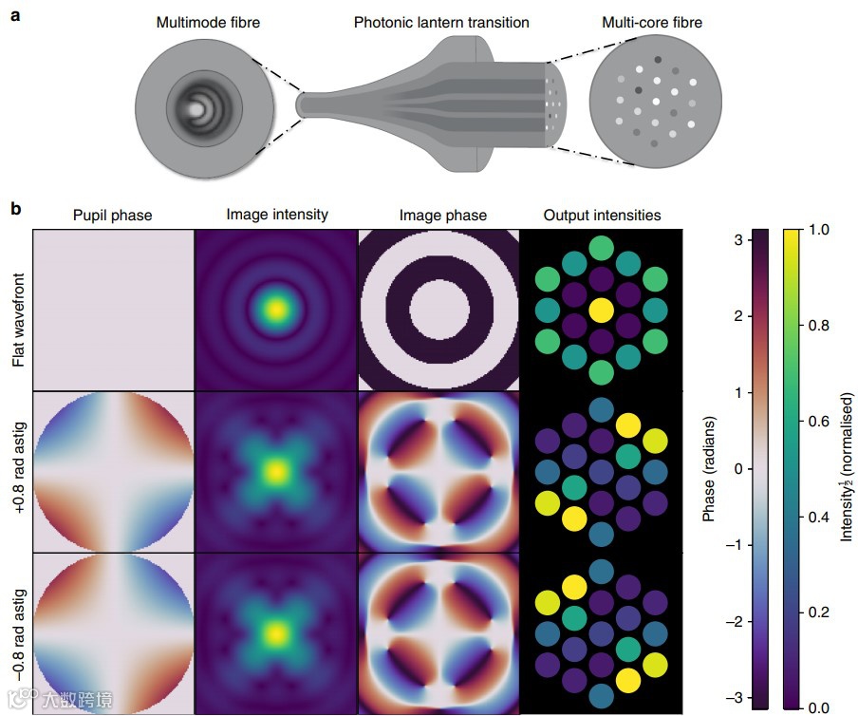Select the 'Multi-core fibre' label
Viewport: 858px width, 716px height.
point(652,21)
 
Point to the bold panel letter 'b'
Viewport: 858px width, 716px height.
point(15,206)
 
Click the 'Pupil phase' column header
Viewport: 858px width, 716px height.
point(112,216)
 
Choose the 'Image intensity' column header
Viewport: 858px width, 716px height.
point(276,215)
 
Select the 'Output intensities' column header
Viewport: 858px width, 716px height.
point(602,216)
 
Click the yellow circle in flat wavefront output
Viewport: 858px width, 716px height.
point(601,310)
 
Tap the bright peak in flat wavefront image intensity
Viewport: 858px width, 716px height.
point(276,310)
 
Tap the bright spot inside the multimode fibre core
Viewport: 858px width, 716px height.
point(196,110)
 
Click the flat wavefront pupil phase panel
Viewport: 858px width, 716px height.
point(112,310)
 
